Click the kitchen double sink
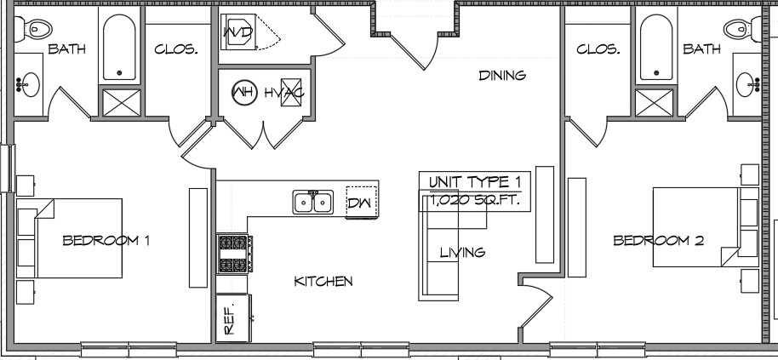pos(312,202)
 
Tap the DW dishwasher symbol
pos(362,202)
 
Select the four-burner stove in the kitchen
pos(234,254)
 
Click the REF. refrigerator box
pos(233,317)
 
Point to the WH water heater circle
pos(244,92)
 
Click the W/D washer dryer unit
pos(238,32)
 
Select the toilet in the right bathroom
pos(742,29)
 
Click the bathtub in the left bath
pos(119,47)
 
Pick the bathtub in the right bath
pos(656,47)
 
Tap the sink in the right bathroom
pos(747,84)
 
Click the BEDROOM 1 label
pos(106,241)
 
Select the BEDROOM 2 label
pos(659,241)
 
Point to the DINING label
pos(502,76)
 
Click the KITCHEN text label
pos(323,282)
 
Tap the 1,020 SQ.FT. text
pos(475,201)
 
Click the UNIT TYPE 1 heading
pos(475,182)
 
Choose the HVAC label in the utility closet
pos(283,93)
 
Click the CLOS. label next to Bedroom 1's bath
pos(176,49)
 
